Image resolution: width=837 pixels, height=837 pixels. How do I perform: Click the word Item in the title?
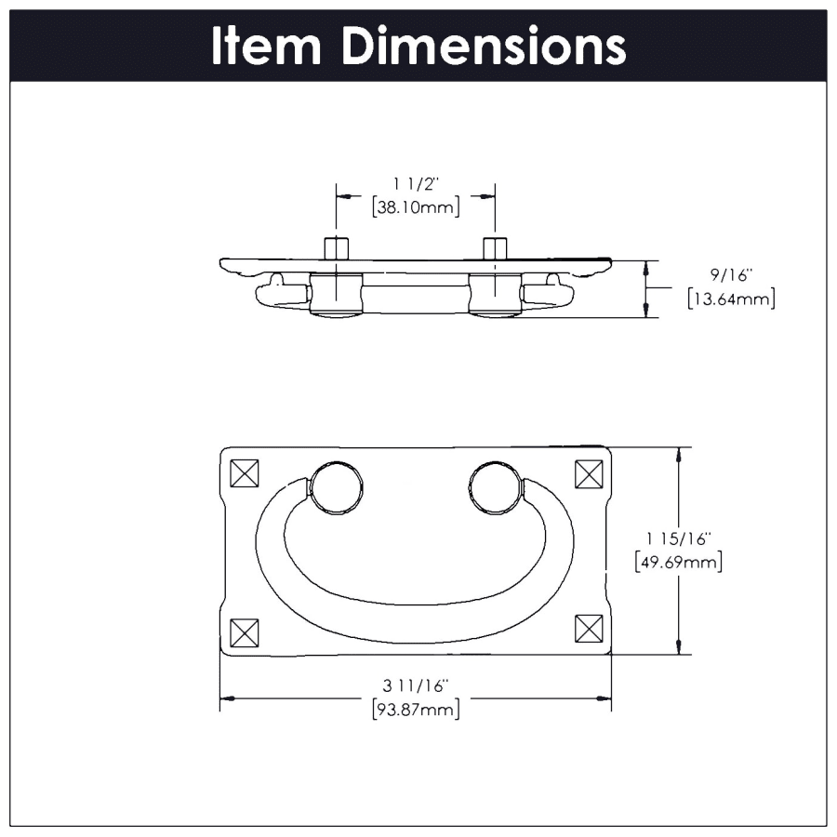pyautogui.click(x=266, y=46)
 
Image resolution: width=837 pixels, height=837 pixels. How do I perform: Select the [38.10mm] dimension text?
pyautogui.click(x=415, y=207)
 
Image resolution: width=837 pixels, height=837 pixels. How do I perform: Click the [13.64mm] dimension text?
pyautogui.click(x=730, y=299)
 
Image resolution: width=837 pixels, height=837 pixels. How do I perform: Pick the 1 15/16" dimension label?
pyautogui.click(x=678, y=538)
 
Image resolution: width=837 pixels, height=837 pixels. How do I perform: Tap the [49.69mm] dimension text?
pyautogui.click(x=678, y=562)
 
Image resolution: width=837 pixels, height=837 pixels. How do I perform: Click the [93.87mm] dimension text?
pyautogui.click(x=415, y=710)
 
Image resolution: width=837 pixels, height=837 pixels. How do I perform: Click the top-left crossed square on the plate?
pyautogui.click(x=244, y=474)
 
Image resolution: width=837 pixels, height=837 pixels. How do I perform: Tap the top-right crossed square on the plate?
pyautogui.click(x=589, y=474)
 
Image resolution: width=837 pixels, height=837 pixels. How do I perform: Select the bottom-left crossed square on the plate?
pyautogui.click(x=244, y=631)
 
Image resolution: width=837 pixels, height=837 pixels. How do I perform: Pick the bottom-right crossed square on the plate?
pyautogui.click(x=589, y=631)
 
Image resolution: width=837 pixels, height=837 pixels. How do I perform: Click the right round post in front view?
pyautogui.click(x=496, y=486)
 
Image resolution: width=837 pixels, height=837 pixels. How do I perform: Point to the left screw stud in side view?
pyautogui.click(x=336, y=248)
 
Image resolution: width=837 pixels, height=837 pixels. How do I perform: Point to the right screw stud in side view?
pyautogui.click(x=495, y=248)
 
